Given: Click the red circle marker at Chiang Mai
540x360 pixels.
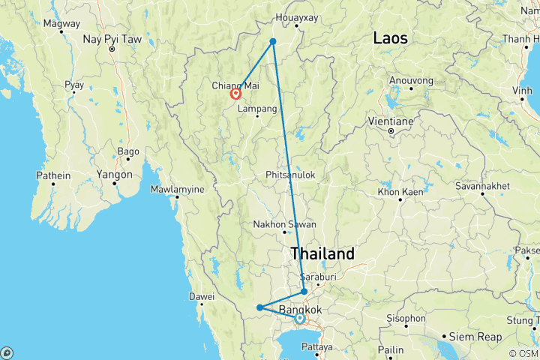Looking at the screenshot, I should coord(235,94).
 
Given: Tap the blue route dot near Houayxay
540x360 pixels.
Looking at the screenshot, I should coord(273,41).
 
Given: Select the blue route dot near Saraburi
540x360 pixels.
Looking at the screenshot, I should coord(304,291).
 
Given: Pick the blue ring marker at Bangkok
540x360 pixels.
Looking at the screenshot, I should coord(299,318).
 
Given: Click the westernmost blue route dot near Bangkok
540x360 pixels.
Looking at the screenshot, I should coord(259,307).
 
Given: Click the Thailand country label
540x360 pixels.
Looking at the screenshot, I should coord(322,254).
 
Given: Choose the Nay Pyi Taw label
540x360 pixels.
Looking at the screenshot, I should coord(112,39).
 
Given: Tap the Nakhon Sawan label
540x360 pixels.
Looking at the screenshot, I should coord(284,223).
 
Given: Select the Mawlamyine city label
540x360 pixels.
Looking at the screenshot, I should coord(177,190).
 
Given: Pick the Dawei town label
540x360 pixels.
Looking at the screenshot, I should coord(202,296).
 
